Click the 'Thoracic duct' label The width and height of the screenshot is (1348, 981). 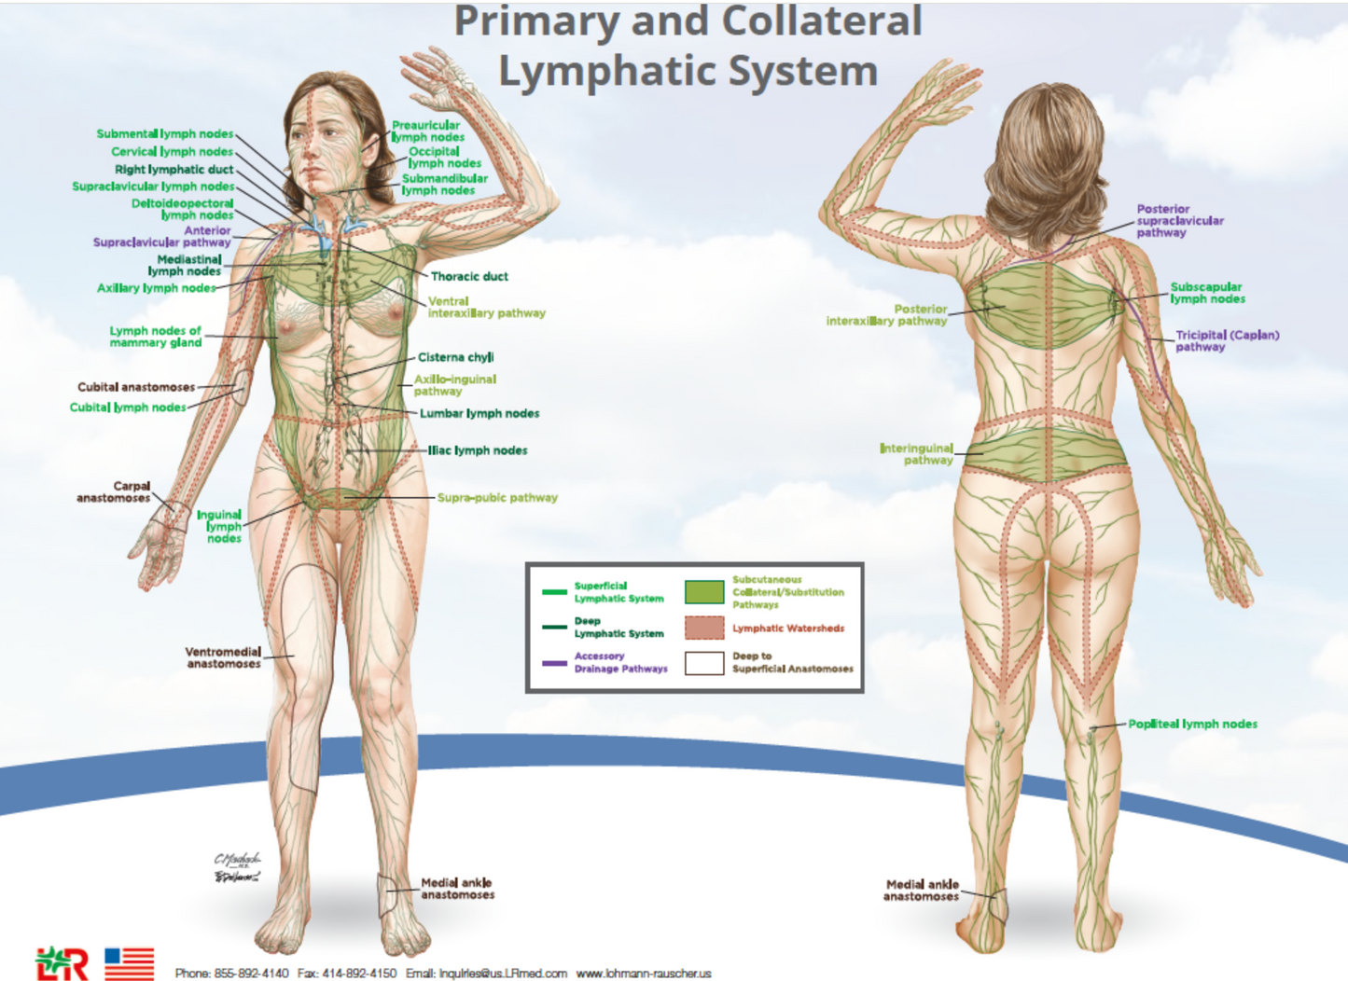(469, 277)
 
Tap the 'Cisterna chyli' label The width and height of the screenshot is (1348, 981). (455, 357)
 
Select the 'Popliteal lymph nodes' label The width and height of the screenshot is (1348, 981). (1193, 725)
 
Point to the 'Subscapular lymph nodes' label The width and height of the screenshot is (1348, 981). (1208, 293)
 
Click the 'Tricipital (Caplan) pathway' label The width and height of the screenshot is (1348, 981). (1228, 341)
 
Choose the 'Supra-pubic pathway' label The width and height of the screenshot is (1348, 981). (497, 498)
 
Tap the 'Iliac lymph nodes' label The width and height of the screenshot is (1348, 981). (478, 450)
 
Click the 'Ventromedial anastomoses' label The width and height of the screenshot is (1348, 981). (223, 658)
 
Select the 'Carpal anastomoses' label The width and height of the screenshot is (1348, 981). (113, 492)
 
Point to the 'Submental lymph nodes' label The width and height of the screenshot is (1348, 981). (165, 133)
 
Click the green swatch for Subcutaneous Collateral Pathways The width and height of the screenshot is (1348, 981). (704, 592)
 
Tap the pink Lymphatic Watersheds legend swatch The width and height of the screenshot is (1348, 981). (704, 628)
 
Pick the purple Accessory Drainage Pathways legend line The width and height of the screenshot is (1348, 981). (554, 663)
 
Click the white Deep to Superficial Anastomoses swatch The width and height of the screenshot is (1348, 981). (704, 663)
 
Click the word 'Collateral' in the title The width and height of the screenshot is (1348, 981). (822, 21)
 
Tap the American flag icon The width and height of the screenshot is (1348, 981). (130, 964)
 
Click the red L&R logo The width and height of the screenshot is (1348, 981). (62, 964)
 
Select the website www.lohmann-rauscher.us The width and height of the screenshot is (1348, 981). (644, 974)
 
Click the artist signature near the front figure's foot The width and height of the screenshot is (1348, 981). (238, 867)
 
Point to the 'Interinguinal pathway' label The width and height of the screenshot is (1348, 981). (916, 454)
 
